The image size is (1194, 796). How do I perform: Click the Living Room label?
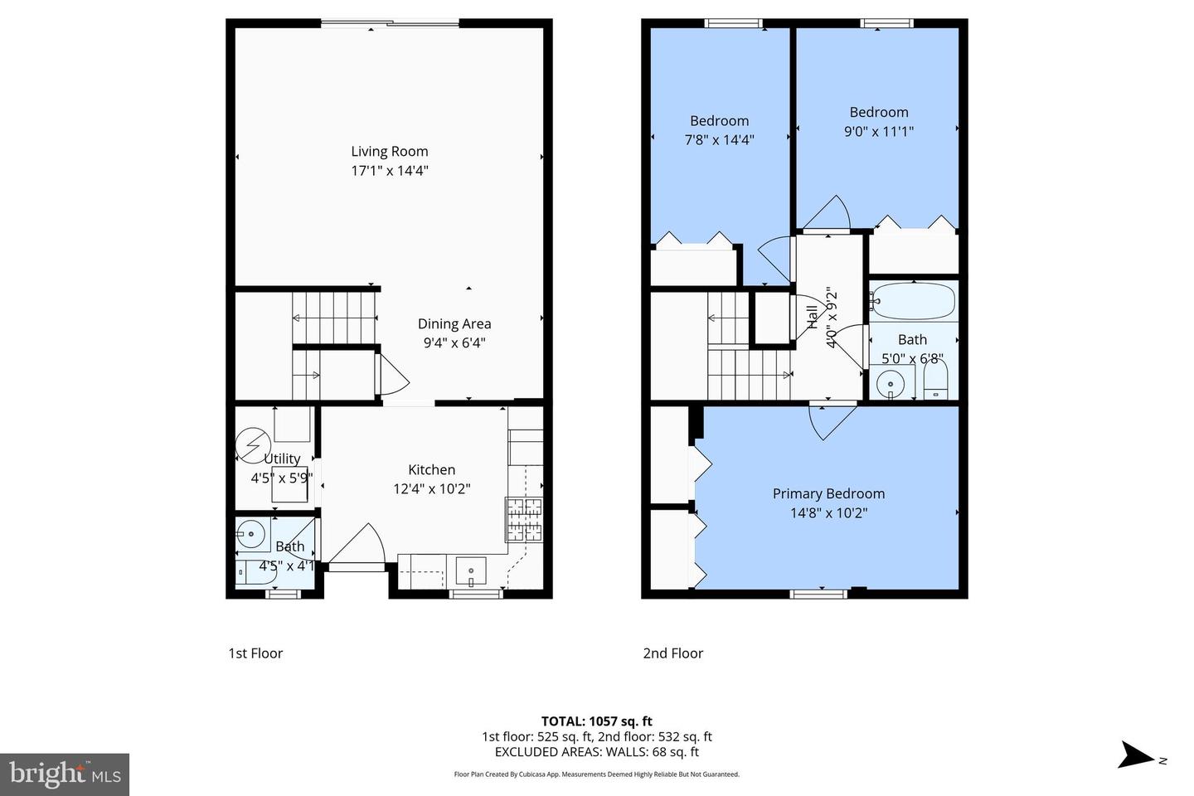pyautogui.click(x=389, y=151)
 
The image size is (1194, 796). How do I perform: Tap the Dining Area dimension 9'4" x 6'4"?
pyautogui.click(x=454, y=342)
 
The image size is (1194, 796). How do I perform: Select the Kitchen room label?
pyautogui.click(x=431, y=469)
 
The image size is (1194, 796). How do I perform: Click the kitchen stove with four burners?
pyautogui.click(x=524, y=519)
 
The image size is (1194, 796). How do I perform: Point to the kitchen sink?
pyautogui.click(x=471, y=571)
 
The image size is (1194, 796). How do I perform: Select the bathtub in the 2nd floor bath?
pyautogui.click(x=912, y=302)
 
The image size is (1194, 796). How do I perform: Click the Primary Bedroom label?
pyautogui.click(x=828, y=493)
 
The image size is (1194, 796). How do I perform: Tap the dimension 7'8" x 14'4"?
pyautogui.click(x=719, y=140)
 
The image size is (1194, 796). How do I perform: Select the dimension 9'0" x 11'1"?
pyautogui.click(x=878, y=131)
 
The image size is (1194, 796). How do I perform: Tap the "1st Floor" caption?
pyautogui.click(x=255, y=653)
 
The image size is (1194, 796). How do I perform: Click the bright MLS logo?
pyautogui.click(x=64, y=774)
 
